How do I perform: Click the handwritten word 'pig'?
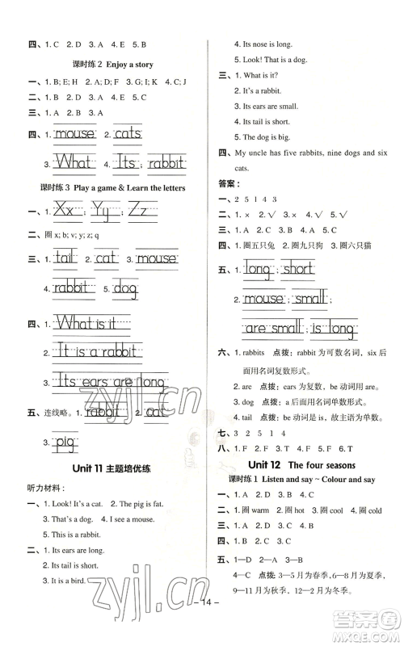point(65,440)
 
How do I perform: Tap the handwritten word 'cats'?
point(128,134)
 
